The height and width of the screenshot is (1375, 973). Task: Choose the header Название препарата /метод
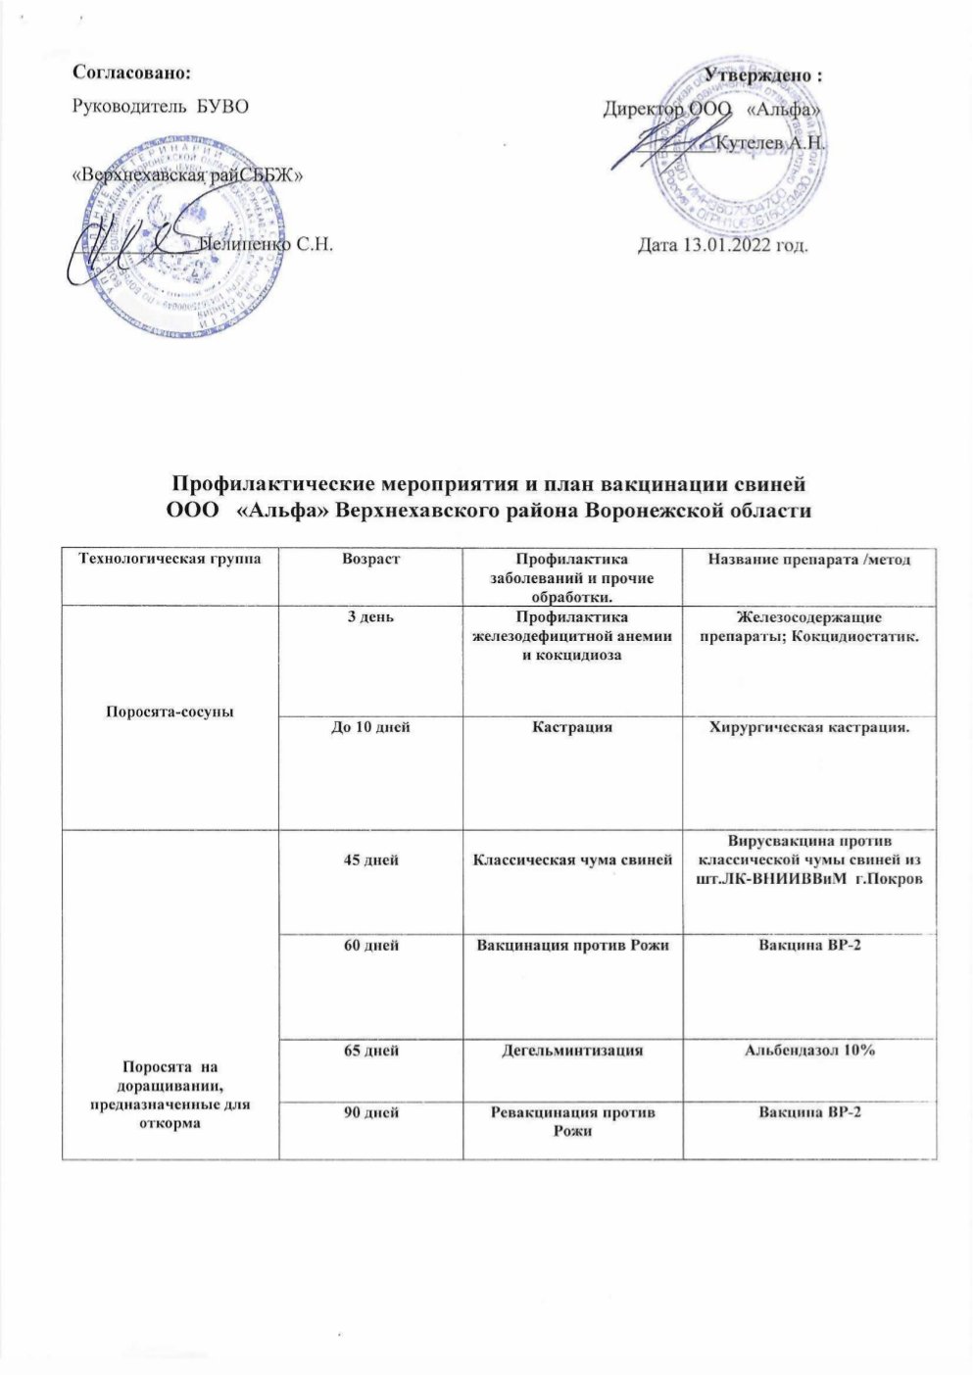point(809,559)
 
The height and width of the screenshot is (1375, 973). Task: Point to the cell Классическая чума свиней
point(572,859)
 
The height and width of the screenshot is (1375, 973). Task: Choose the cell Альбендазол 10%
point(809,1050)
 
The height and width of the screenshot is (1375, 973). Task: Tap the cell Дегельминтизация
point(572,1050)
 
